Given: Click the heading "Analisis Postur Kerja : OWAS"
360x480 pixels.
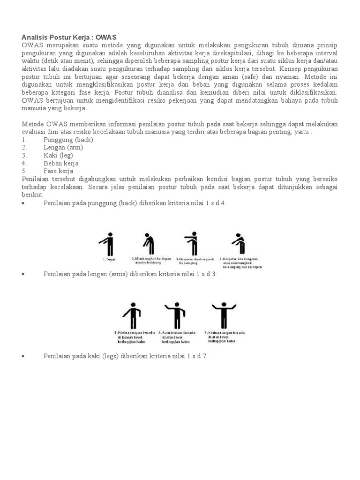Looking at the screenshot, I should (x=69, y=37).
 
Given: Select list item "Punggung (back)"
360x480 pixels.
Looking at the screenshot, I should (x=68, y=140).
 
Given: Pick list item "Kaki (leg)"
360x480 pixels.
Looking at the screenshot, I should (x=58, y=156).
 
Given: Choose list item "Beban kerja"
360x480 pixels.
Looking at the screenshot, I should (x=61, y=164).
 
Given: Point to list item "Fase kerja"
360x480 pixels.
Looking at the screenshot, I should (x=59, y=171).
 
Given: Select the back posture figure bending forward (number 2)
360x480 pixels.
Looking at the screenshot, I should (x=149, y=244).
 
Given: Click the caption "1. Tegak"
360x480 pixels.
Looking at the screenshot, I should (x=108, y=259).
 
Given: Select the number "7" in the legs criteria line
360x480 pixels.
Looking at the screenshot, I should (x=205, y=356).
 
